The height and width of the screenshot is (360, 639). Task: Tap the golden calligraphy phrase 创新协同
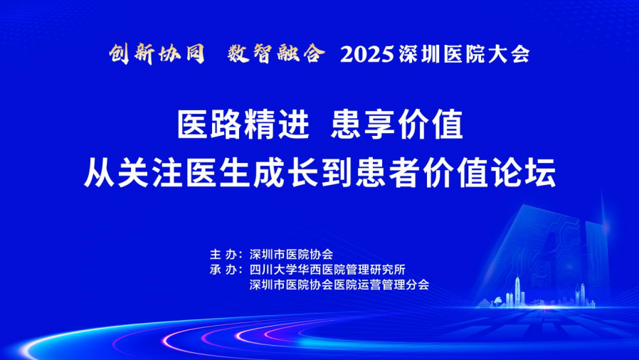point(157,54)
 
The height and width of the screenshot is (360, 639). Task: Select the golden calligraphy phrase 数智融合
point(276,54)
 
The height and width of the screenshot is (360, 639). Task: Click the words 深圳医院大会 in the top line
point(464,55)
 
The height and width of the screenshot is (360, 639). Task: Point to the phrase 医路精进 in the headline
point(243,125)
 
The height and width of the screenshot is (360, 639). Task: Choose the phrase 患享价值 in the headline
point(397,125)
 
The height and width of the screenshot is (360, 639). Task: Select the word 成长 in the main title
point(285,173)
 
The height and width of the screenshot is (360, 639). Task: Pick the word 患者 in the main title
point(388,173)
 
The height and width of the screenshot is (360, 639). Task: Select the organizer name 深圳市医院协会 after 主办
point(291,255)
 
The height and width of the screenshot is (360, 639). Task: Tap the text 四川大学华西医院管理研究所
point(327,270)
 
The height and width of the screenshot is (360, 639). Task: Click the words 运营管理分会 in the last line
point(394,285)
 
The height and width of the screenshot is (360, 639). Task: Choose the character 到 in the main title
point(337,173)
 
